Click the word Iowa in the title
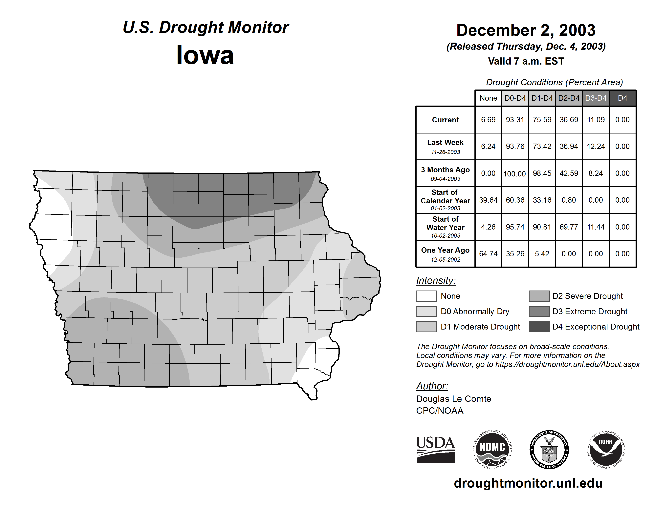pyautogui.click(x=205, y=55)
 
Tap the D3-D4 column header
pyautogui.click(x=596, y=98)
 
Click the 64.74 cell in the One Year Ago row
pyautogui.click(x=488, y=254)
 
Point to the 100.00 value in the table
pyautogui.click(x=515, y=173)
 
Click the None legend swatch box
pyautogui.click(x=426, y=296)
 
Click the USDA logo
pyautogui.click(x=435, y=449)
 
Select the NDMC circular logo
pyautogui.click(x=492, y=449)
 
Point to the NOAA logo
pyautogui.click(x=605, y=449)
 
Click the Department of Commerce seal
pyautogui.click(x=549, y=449)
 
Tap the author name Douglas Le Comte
pyautogui.click(x=453, y=399)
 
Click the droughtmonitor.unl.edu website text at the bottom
pyautogui.click(x=528, y=483)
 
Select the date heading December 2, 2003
pyautogui.click(x=526, y=30)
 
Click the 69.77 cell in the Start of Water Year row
pyautogui.click(x=569, y=227)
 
